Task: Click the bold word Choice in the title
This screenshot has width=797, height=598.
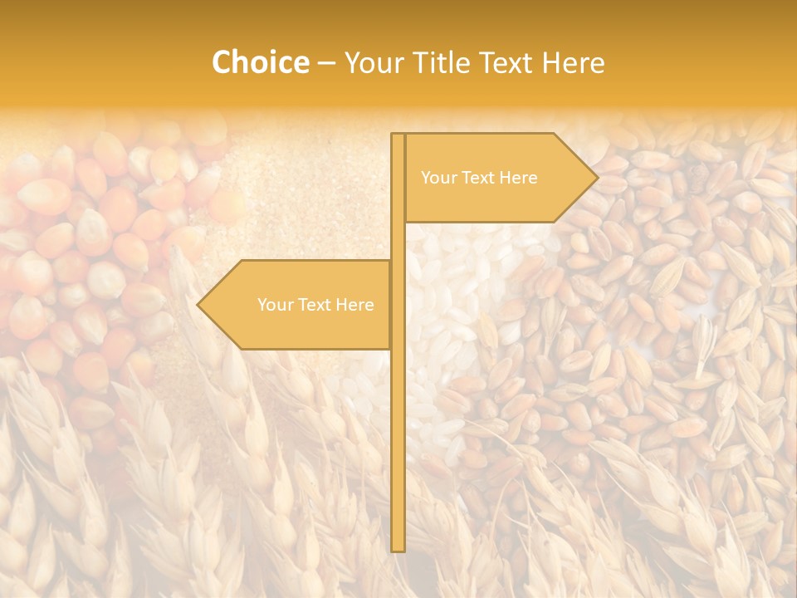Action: [260, 63]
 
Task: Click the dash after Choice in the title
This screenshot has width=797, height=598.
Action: [326, 63]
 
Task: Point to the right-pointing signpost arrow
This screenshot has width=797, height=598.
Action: [498, 178]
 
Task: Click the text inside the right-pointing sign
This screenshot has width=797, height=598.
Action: [479, 178]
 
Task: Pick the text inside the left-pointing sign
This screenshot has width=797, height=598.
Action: [315, 305]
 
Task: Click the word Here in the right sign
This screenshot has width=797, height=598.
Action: [518, 178]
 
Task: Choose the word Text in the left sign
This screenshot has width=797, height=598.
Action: [313, 305]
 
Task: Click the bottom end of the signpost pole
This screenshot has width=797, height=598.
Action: [398, 548]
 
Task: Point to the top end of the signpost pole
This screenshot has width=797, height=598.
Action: [398, 136]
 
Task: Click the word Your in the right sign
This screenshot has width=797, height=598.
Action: [438, 178]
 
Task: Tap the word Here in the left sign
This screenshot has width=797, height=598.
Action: [354, 305]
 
